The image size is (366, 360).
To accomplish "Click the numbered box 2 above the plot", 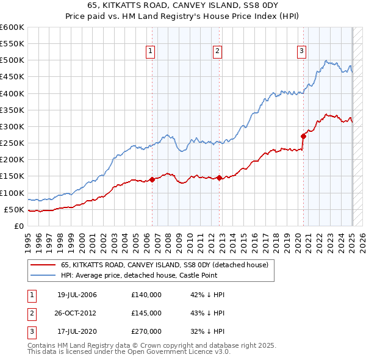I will coord(218,51).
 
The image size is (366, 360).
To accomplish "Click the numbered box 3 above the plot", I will coord(301,51).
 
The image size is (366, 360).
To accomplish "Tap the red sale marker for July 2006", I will coord(152,179).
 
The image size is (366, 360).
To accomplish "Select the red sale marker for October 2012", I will coord(220,178).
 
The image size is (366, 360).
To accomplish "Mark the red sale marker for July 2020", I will coord(303,136).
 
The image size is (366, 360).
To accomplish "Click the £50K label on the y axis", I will coord(15,209).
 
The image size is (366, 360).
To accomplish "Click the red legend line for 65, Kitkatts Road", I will coord(42,265).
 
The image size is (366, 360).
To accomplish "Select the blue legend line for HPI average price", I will coord(42,275).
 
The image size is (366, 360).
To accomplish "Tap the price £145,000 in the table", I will coord(146,313).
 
